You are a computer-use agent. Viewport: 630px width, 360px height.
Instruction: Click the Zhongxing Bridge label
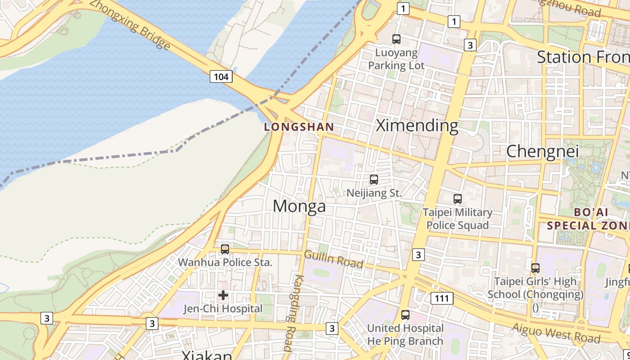coord(130,24)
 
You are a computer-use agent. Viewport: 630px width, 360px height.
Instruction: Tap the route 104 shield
coord(221,76)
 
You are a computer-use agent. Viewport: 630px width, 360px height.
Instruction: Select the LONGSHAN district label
coord(299,127)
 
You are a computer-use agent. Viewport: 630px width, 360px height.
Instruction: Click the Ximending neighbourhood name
coord(417,126)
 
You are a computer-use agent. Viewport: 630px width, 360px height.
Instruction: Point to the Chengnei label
coord(542,152)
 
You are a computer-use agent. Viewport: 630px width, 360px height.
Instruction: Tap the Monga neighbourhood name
coord(299,206)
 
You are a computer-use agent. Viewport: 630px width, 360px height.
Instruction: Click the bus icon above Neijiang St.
coord(373,180)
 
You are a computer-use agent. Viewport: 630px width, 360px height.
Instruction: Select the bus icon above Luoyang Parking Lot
coord(396,39)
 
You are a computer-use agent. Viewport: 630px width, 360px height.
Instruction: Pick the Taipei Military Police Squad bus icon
coord(457,198)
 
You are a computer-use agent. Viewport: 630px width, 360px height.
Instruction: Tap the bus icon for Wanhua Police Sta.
coord(225,249)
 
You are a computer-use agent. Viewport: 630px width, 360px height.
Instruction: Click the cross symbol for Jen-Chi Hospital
coord(223,296)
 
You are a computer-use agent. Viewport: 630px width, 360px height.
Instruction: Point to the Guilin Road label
coord(333,259)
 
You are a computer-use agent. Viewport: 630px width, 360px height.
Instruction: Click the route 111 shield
coord(441,298)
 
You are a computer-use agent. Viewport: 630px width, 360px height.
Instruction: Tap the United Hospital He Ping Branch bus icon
coord(405,315)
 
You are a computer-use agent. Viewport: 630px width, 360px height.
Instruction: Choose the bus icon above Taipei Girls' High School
coord(535,268)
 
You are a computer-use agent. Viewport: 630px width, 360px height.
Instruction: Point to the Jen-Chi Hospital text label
coord(223,309)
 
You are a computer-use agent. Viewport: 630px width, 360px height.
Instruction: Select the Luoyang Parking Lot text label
coord(396,59)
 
